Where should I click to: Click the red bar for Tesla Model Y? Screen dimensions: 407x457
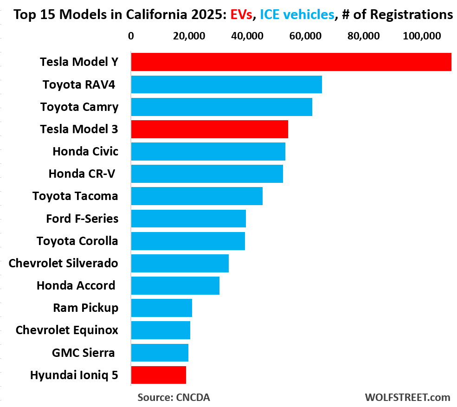291,62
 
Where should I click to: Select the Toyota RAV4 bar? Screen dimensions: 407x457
226,84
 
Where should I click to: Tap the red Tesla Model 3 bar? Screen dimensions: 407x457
209,129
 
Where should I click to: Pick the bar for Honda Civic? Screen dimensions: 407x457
208,151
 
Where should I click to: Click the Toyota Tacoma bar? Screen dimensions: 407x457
197,196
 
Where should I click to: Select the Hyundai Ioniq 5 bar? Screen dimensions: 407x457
158,375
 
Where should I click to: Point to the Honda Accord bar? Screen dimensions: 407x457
175,285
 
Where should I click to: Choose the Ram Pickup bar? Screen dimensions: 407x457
161,308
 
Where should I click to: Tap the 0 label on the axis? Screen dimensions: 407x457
131,36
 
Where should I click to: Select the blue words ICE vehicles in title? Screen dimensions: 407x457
297,15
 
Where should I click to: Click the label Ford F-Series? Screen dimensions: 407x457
82,218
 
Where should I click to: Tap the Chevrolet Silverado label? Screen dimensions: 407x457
63,263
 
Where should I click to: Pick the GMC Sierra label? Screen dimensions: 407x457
83,352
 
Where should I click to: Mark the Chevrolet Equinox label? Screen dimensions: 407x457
66,330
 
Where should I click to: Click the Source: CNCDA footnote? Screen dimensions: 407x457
174,397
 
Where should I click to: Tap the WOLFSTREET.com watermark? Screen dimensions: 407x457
407,397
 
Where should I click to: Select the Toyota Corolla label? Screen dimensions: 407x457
77,241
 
